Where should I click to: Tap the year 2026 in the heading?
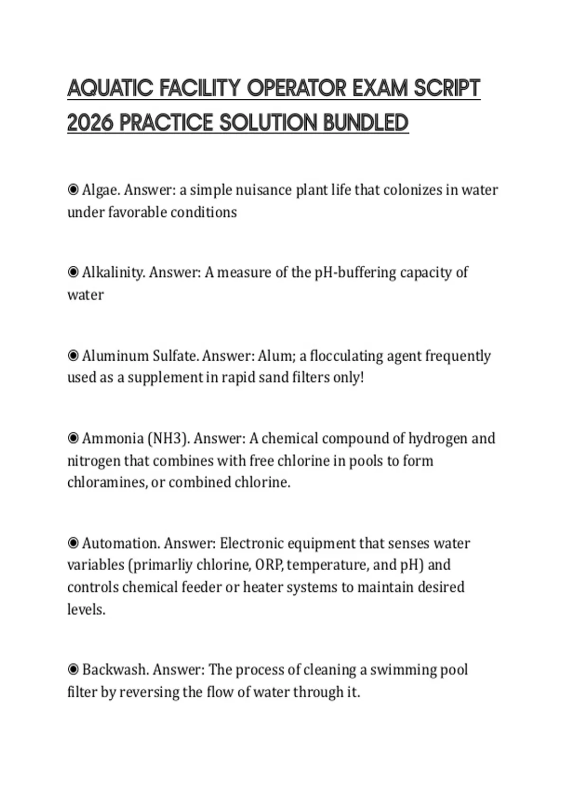(x=90, y=123)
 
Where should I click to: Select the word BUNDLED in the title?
(x=366, y=123)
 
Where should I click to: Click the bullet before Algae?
(x=73, y=190)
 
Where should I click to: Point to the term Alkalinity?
(x=113, y=272)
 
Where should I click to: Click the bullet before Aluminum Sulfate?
(x=73, y=356)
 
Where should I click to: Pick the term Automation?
(x=121, y=543)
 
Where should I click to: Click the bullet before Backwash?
(x=73, y=670)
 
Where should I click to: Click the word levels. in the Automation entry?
(x=86, y=610)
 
